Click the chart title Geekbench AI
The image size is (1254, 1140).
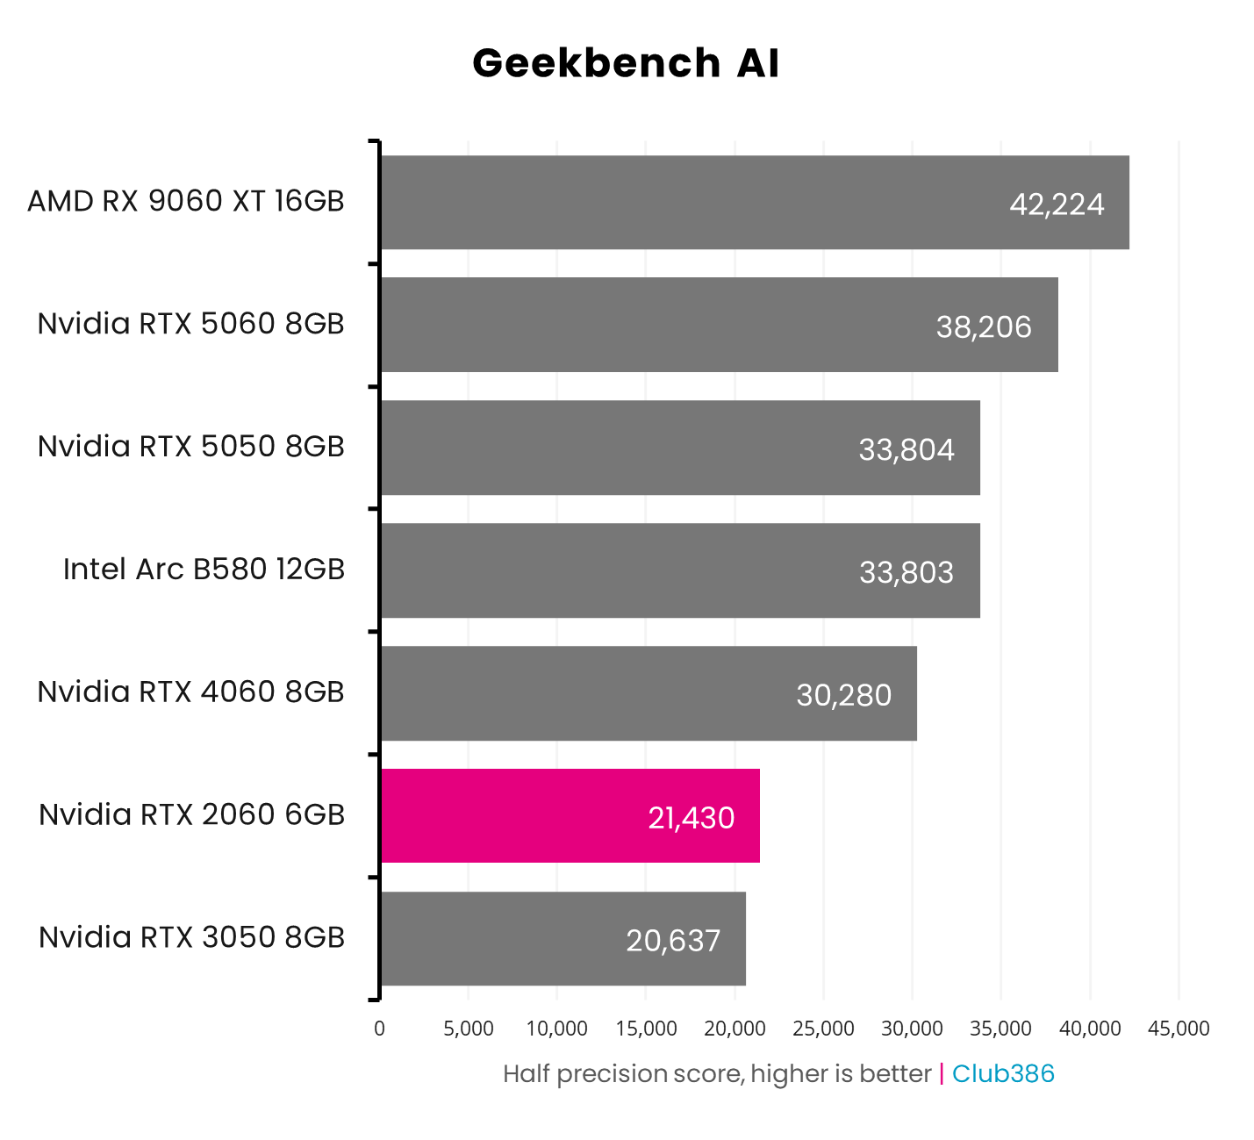point(626,64)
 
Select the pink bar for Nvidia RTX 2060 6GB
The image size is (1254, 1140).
point(570,815)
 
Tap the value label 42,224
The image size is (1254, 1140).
point(1057,204)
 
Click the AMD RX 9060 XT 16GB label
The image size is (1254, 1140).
point(186,201)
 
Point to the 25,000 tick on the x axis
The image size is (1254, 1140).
point(823,1029)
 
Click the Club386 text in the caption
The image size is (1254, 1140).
point(1003,1073)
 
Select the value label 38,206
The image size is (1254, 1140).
point(984,327)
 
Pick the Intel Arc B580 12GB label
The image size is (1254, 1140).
point(204,570)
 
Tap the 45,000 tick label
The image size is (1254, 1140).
point(1179,1029)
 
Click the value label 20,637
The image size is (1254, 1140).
point(673,941)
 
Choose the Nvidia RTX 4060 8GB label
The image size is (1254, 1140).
point(190,692)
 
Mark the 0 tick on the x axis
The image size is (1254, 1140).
point(379,1029)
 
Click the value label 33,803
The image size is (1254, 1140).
point(906,573)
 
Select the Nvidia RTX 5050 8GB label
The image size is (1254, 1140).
point(190,447)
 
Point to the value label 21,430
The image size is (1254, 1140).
point(691,818)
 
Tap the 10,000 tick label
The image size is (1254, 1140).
point(557,1029)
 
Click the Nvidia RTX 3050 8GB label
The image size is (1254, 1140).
point(191,937)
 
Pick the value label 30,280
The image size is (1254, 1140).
point(843,695)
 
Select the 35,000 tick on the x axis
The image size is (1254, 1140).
point(1001,1029)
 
